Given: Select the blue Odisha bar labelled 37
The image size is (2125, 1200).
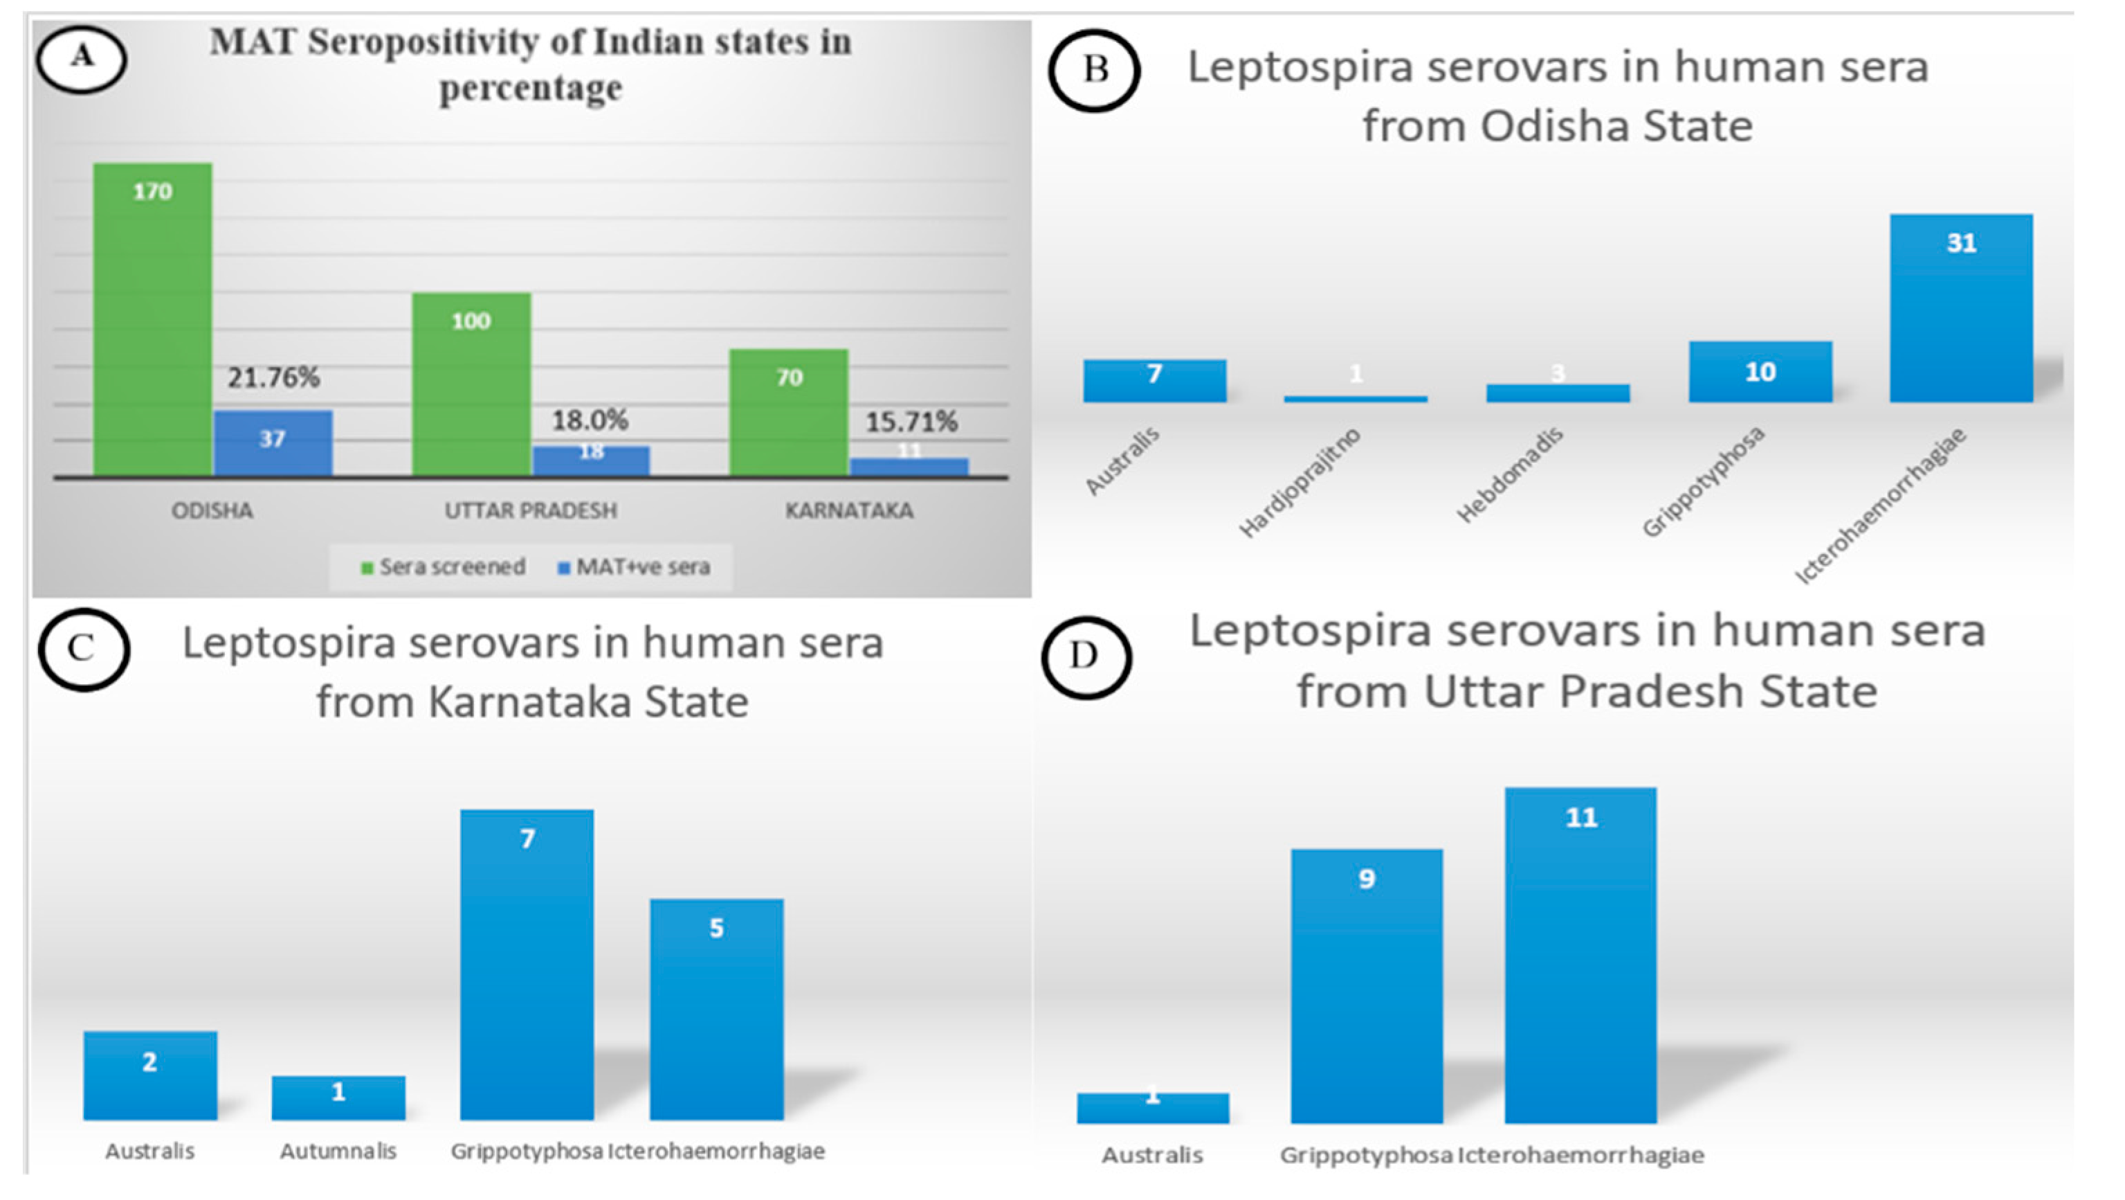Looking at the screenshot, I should [273, 443].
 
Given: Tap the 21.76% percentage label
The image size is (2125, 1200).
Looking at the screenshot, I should [273, 377].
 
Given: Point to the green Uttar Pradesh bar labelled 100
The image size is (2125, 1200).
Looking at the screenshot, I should [471, 384].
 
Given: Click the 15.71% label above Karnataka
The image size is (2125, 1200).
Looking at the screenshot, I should [911, 422].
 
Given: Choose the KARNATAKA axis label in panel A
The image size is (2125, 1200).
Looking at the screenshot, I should [849, 511].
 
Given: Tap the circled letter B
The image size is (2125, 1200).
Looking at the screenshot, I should [1095, 70].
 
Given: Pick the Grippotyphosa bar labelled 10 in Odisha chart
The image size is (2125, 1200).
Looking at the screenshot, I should [1760, 373].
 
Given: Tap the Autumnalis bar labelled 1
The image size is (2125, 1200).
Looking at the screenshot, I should [338, 1097].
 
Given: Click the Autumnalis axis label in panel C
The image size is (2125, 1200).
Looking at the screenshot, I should [338, 1152].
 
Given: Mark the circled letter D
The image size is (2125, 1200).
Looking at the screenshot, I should [1085, 656].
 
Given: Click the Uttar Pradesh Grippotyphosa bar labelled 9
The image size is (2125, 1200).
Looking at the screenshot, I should [1367, 985].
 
